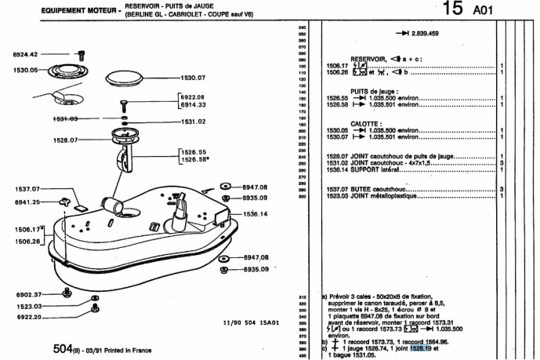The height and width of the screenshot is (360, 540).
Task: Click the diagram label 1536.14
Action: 254,213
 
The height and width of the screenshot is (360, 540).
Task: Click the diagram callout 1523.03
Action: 26,307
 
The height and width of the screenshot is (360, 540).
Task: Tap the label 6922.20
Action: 26,318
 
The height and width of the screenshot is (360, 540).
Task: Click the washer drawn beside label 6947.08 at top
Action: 224,187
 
